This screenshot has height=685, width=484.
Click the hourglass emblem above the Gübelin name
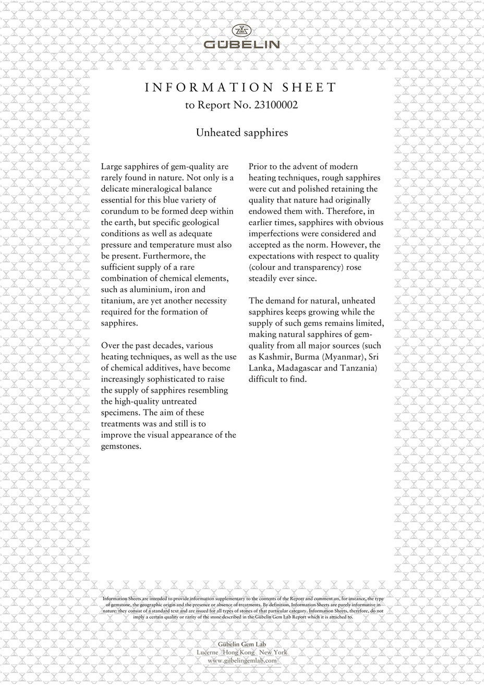[241, 30]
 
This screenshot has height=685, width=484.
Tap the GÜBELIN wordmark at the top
[241, 45]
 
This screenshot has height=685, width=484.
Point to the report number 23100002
[275, 105]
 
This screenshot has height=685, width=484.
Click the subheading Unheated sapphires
[241, 133]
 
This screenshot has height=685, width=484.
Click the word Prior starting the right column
[259, 166]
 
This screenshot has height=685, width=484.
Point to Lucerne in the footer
[207, 653]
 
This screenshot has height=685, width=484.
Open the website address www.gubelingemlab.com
[241, 660]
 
